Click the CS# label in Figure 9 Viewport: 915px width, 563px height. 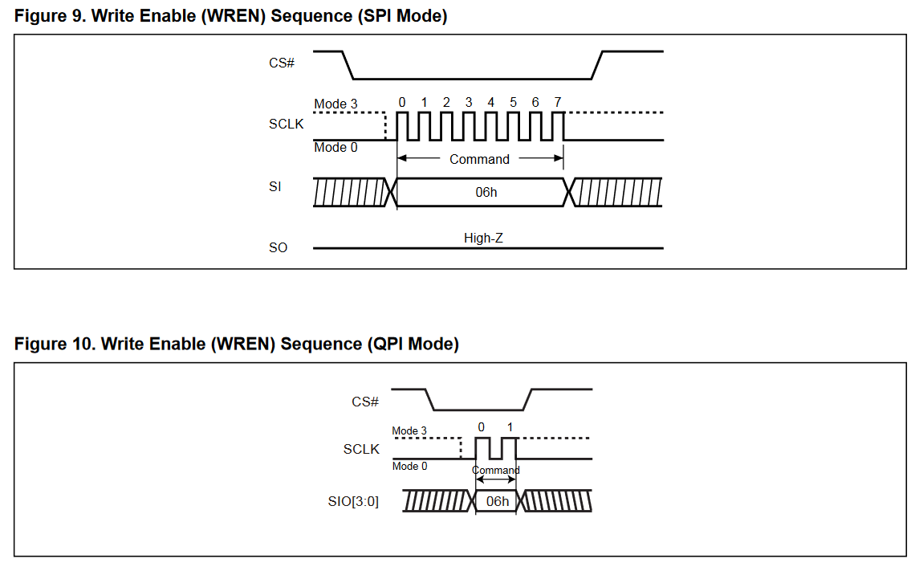point(282,62)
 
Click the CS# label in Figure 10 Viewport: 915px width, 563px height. point(364,401)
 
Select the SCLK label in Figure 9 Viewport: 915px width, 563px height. point(287,124)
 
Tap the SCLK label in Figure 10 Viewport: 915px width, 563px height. point(361,449)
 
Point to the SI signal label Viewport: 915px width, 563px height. point(274,187)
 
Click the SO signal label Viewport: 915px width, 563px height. point(278,247)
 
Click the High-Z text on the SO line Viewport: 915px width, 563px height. point(483,238)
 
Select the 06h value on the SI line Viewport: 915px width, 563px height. point(486,192)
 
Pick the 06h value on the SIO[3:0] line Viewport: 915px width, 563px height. point(498,501)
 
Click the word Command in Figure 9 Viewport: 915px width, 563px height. point(479,159)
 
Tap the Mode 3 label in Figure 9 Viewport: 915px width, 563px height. point(335,104)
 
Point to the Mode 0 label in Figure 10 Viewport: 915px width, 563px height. point(409,466)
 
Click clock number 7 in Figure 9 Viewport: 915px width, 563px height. point(557,102)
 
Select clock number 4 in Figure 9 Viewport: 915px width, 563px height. point(490,102)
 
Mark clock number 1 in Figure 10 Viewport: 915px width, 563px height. point(509,426)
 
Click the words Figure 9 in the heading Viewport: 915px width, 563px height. point(49,16)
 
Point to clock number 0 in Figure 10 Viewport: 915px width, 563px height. point(481,426)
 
